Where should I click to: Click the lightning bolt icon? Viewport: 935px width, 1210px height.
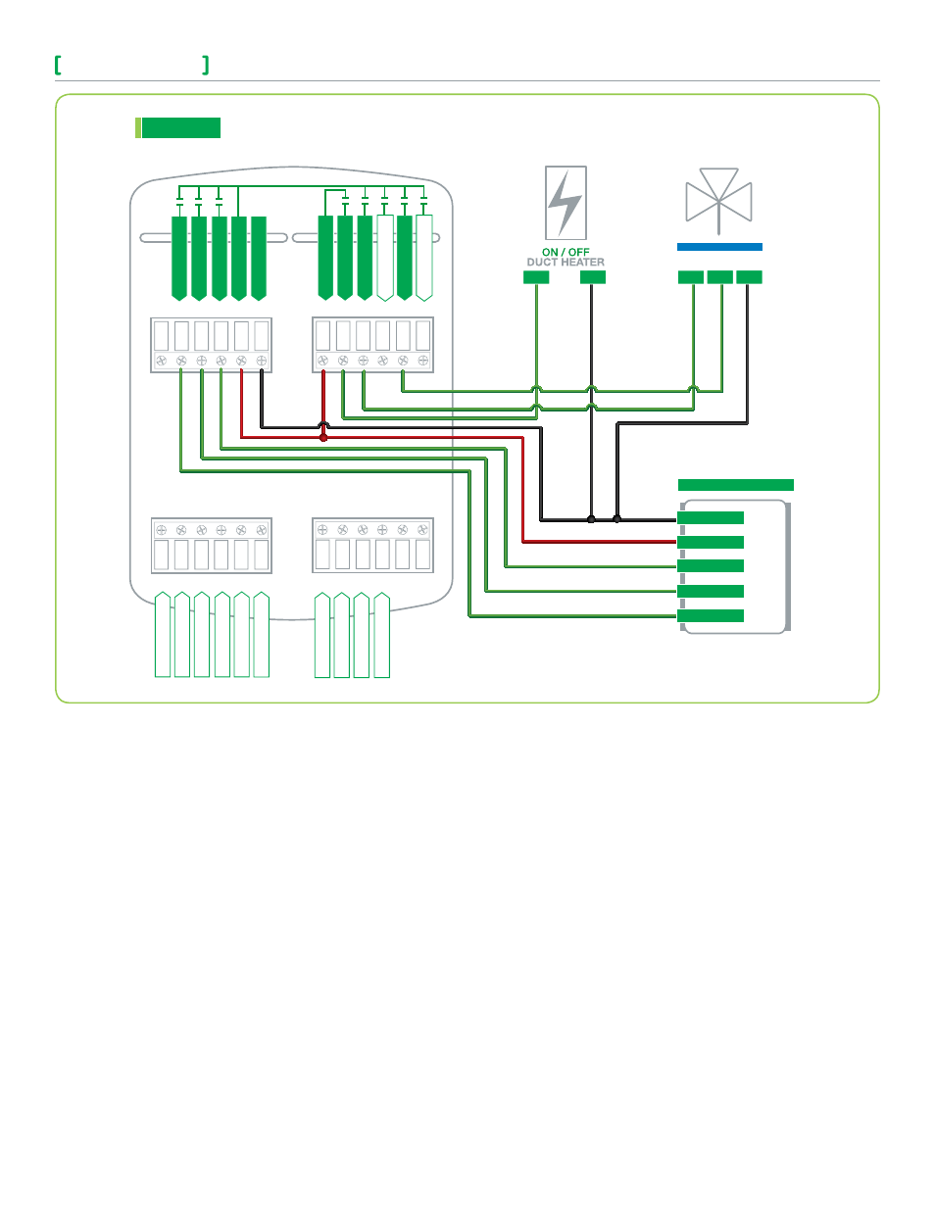point(566,203)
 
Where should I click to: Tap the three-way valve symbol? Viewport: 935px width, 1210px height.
point(718,201)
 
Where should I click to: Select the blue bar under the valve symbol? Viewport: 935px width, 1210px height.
point(719,247)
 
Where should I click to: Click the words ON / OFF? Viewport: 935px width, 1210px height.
point(566,252)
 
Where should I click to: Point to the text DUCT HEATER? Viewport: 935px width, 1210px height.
point(566,263)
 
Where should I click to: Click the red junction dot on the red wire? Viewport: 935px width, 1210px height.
point(323,438)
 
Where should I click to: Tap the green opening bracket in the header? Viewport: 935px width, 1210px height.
point(58,65)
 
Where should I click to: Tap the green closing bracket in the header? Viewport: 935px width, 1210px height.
point(206,65)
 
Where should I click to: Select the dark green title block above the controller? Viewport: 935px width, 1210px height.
point(181,127)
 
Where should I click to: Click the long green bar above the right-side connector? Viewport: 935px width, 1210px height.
point(736,485)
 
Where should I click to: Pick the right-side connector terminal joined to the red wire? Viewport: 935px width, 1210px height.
point(711,543)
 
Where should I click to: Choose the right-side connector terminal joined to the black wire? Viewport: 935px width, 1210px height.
point(711,518)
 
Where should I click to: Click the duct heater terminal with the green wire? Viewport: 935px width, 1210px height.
point(536,276)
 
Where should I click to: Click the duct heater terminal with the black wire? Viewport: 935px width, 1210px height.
point(593,276)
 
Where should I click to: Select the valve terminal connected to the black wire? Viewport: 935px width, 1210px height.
point(749,276)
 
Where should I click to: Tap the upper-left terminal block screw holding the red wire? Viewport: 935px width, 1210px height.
point(241,361)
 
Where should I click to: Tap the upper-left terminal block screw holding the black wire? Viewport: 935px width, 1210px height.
point(261,361)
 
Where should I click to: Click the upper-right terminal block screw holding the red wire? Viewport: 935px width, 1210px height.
point(323,361)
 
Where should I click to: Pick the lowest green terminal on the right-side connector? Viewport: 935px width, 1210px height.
point(711,615)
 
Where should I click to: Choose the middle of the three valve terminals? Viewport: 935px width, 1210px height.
point(720,276)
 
